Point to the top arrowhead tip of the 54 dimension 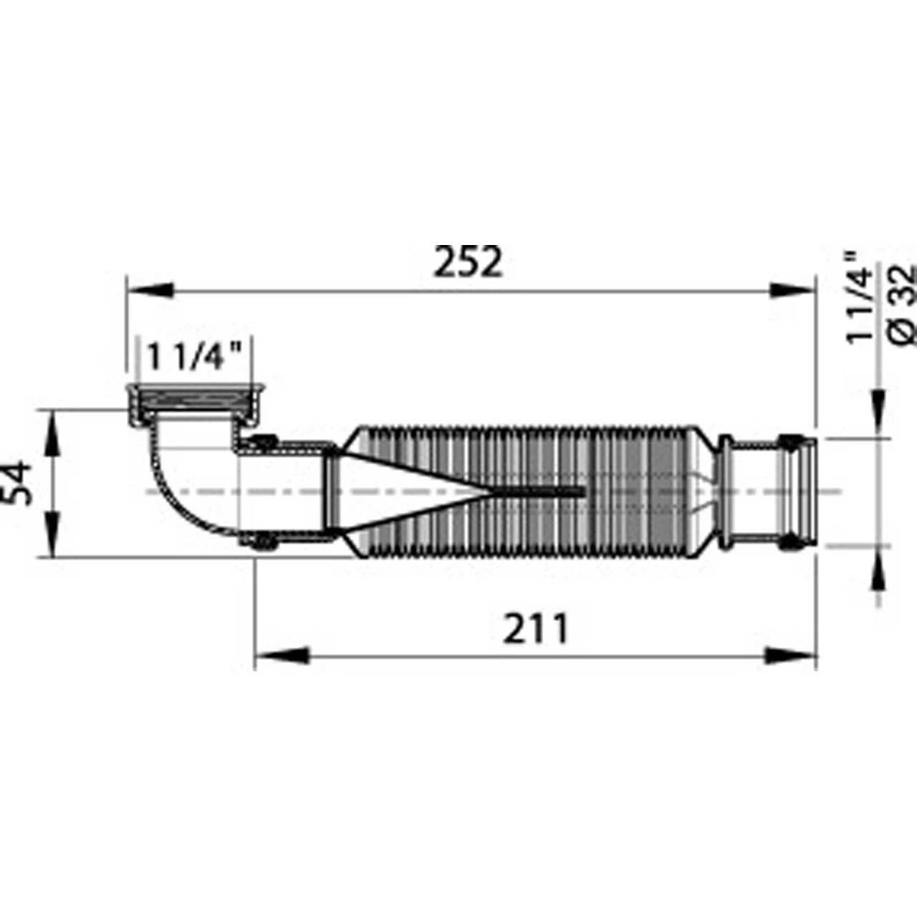(53, 410)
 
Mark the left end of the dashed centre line (145, 491)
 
